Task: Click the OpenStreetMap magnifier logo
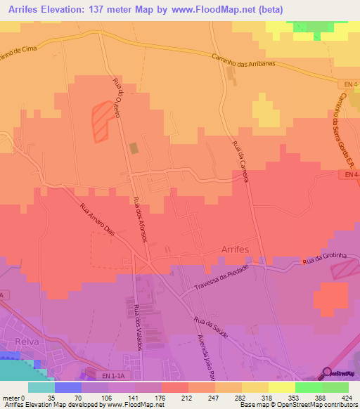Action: pyautogui.click(x=328, y=372)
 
